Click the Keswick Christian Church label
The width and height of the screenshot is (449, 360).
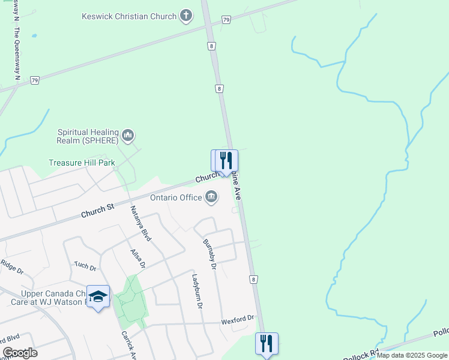point(129,16)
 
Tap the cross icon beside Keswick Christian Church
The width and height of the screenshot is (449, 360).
point(186,16)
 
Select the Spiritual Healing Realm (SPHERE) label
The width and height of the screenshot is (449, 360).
point(88,136)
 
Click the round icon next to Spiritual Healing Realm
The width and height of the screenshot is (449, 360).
point(128,136)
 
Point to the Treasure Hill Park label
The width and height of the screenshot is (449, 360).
point(82,163)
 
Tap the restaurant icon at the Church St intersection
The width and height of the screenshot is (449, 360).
point(226,160)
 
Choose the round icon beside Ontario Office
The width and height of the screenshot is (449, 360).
point(211,196)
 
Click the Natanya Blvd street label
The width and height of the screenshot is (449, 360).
point(141,223)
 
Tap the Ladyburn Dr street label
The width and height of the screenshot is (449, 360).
point(197,291)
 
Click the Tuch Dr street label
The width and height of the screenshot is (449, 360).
point(85,266)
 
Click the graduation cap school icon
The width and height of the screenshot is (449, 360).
point(98,296)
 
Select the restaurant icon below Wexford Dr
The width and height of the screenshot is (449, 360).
point(267,344)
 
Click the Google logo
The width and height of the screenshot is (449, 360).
point(20,353)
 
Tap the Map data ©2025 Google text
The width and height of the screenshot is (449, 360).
point(412,355)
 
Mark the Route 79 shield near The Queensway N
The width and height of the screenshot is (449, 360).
point(35,80)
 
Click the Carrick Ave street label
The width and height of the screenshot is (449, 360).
point(129,344)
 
